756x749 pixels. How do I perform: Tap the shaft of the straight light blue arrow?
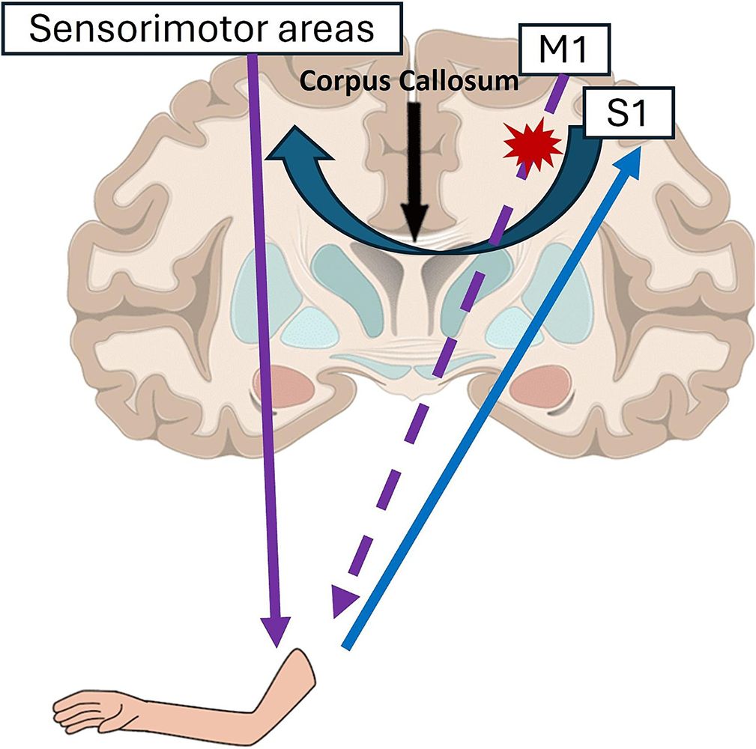tap(487, 397)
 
